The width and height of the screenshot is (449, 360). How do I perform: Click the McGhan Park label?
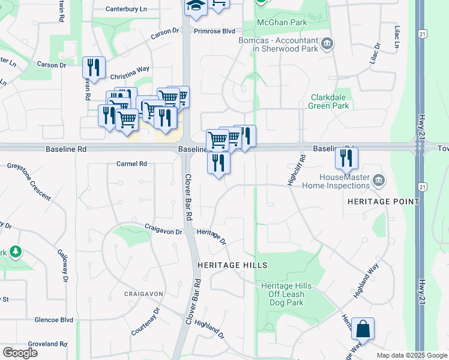coord(282,22)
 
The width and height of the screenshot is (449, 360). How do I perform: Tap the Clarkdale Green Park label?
coord(328,101)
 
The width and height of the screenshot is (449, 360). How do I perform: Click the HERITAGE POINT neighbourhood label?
coord(383,202)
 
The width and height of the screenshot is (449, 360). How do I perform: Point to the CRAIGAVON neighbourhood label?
coord(143,293)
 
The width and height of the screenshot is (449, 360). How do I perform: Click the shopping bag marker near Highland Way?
coord(363,330)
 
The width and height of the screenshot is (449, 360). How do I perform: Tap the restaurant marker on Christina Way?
coord(94,68)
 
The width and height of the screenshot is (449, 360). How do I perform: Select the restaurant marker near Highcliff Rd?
coord(346,158)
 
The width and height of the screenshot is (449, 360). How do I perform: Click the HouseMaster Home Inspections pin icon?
coord(379,179)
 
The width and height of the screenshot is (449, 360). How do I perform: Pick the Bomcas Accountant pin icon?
coord(327,43)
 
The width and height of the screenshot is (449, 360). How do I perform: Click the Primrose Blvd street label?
coord(214,31)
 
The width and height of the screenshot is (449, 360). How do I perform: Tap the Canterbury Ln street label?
coord(126,9)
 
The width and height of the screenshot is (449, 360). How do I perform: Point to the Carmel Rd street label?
coord(131,164)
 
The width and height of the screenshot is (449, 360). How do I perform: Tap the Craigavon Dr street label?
coord(163,229)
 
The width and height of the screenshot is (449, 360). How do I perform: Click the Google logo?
coord(20,353)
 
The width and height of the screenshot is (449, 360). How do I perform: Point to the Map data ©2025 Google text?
coord(411,355)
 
